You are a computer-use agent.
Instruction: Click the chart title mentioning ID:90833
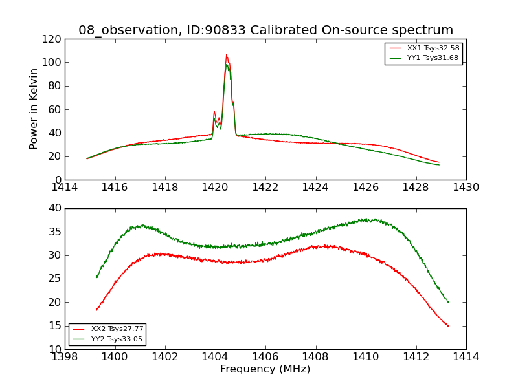[x=265, y=30]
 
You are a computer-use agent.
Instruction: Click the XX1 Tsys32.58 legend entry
[x=433, y=48]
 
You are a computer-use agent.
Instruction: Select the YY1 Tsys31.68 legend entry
[x=433, y=58]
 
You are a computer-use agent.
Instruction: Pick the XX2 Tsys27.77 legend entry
[x=117, y=329]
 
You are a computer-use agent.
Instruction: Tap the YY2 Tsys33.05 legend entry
[x=117, y=339]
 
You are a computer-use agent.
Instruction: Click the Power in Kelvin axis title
[x=34, y=109]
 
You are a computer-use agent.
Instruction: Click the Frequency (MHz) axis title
[x=265, y=369]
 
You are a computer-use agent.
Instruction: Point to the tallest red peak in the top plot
[x=227, y=55]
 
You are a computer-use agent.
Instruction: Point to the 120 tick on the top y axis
[x=54, y=39]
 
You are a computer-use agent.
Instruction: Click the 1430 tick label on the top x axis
[x=466, y=187]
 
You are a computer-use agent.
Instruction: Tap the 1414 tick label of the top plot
[x=65, y=187]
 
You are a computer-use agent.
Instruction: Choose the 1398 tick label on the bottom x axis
[x=65, y=356]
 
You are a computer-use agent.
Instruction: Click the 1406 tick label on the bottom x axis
[x=265, y=356]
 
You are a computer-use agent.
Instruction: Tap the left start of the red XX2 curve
[x=96, y=310]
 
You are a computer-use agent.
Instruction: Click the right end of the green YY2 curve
[x=448, y=302]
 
